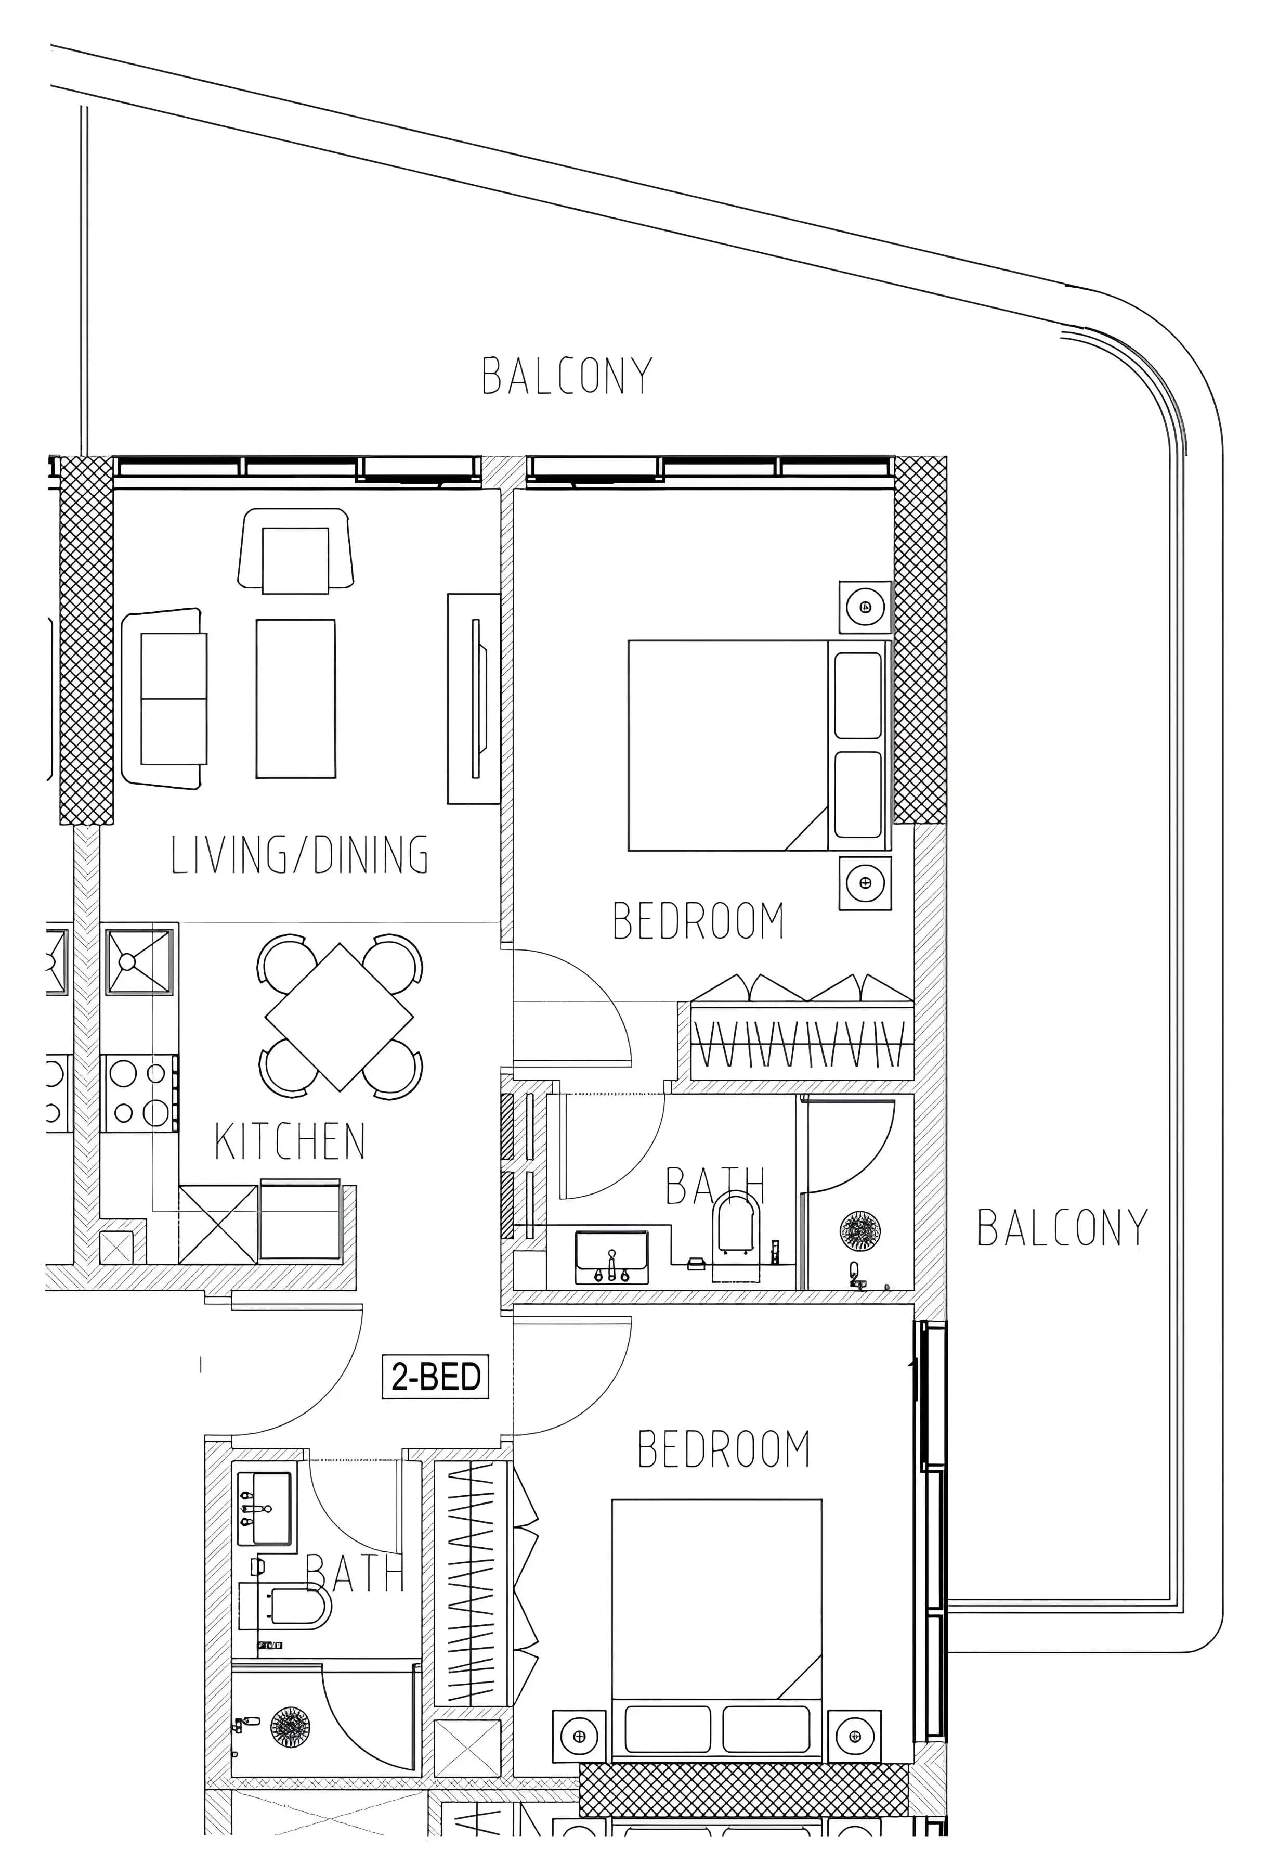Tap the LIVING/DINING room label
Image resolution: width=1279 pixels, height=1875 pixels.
pyautogui.click(x=300, y=855)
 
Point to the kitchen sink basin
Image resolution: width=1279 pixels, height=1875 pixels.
pyautogui.click(x=139, y=961)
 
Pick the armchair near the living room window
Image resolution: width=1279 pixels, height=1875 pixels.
pyautogui.click(x=296, y=550)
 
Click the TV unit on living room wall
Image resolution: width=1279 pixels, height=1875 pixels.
pyautogui.click(x=474, y=699)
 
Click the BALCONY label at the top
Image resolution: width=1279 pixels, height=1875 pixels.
pyautogui.click(x=567, y=376)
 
